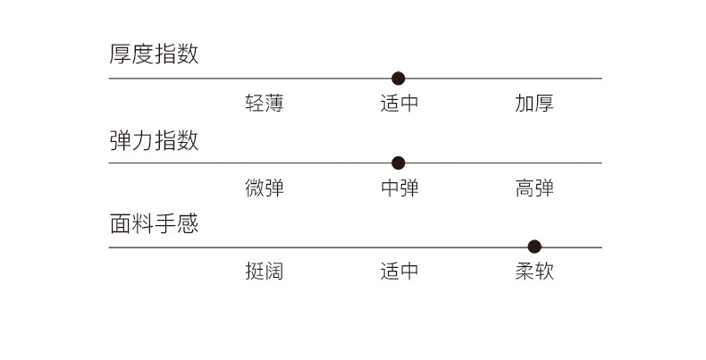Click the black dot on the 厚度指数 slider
click(399, 79)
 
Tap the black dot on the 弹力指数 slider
click(399, 163)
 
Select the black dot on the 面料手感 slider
click(534, 247)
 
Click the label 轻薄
click(264, 104)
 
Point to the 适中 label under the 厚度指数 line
click(399, 104)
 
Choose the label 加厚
click(534, 104)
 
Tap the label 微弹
click(264, 188)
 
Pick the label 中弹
click(399, 188)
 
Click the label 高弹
click(534, 188)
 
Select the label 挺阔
click(264, 272)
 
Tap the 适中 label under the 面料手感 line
click(399, 272)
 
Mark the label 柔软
click(534, 272)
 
